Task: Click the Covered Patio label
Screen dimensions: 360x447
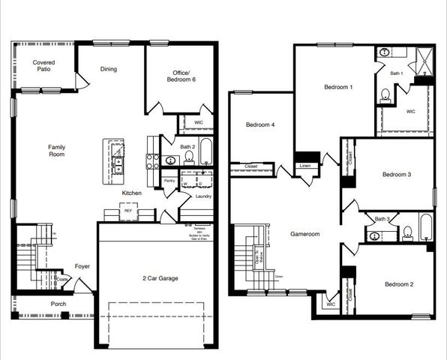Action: [x=45, y=67]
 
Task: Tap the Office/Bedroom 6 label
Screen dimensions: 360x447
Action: [x=179, y=75]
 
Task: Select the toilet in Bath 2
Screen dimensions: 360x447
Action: [x=189, y=157]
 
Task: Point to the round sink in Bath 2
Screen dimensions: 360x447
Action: [x=172, y=159]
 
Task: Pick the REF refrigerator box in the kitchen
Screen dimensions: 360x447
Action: [x=128, y=212]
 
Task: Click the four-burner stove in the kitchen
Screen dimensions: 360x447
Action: [x=152, y=159]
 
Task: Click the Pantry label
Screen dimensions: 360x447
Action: [x=169, y=181]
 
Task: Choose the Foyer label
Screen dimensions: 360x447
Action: [x=82, y=266]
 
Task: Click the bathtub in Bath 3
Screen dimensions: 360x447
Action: [x=425, y=228]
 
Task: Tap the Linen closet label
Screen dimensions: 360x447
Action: [x=304, y=166]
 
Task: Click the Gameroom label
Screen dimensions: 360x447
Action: [x=305, y=234]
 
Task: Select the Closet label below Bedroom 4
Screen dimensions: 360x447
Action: [x=250, y=166]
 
